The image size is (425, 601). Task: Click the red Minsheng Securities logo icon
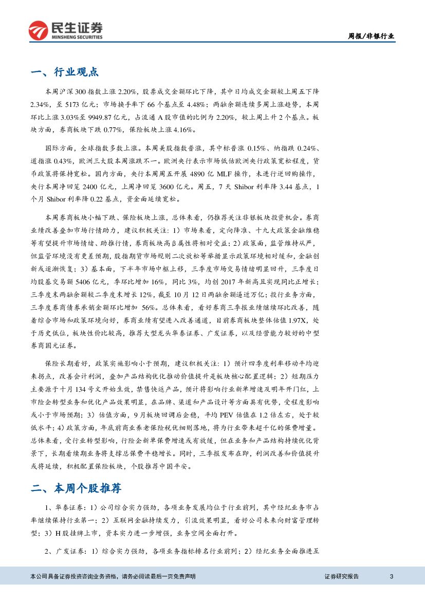point(38,30)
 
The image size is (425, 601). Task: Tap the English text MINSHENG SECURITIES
point(77,37)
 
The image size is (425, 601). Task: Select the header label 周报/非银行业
point(371,36)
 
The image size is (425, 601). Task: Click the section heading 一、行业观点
point(65,72)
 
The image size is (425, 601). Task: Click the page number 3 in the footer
point(392,576)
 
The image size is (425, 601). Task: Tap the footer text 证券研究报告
point(342,576)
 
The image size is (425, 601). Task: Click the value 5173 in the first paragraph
point(66,105)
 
